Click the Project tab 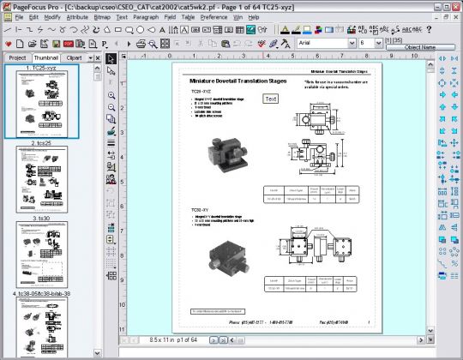point(16,57)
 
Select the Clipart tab point(75,57)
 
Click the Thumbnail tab point(45,57)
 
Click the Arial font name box point(321,42)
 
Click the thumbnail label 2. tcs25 point(40,142)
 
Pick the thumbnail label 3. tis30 point(40,219)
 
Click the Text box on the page point(270,99)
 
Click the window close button point(454,5)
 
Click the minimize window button point(431,5)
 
